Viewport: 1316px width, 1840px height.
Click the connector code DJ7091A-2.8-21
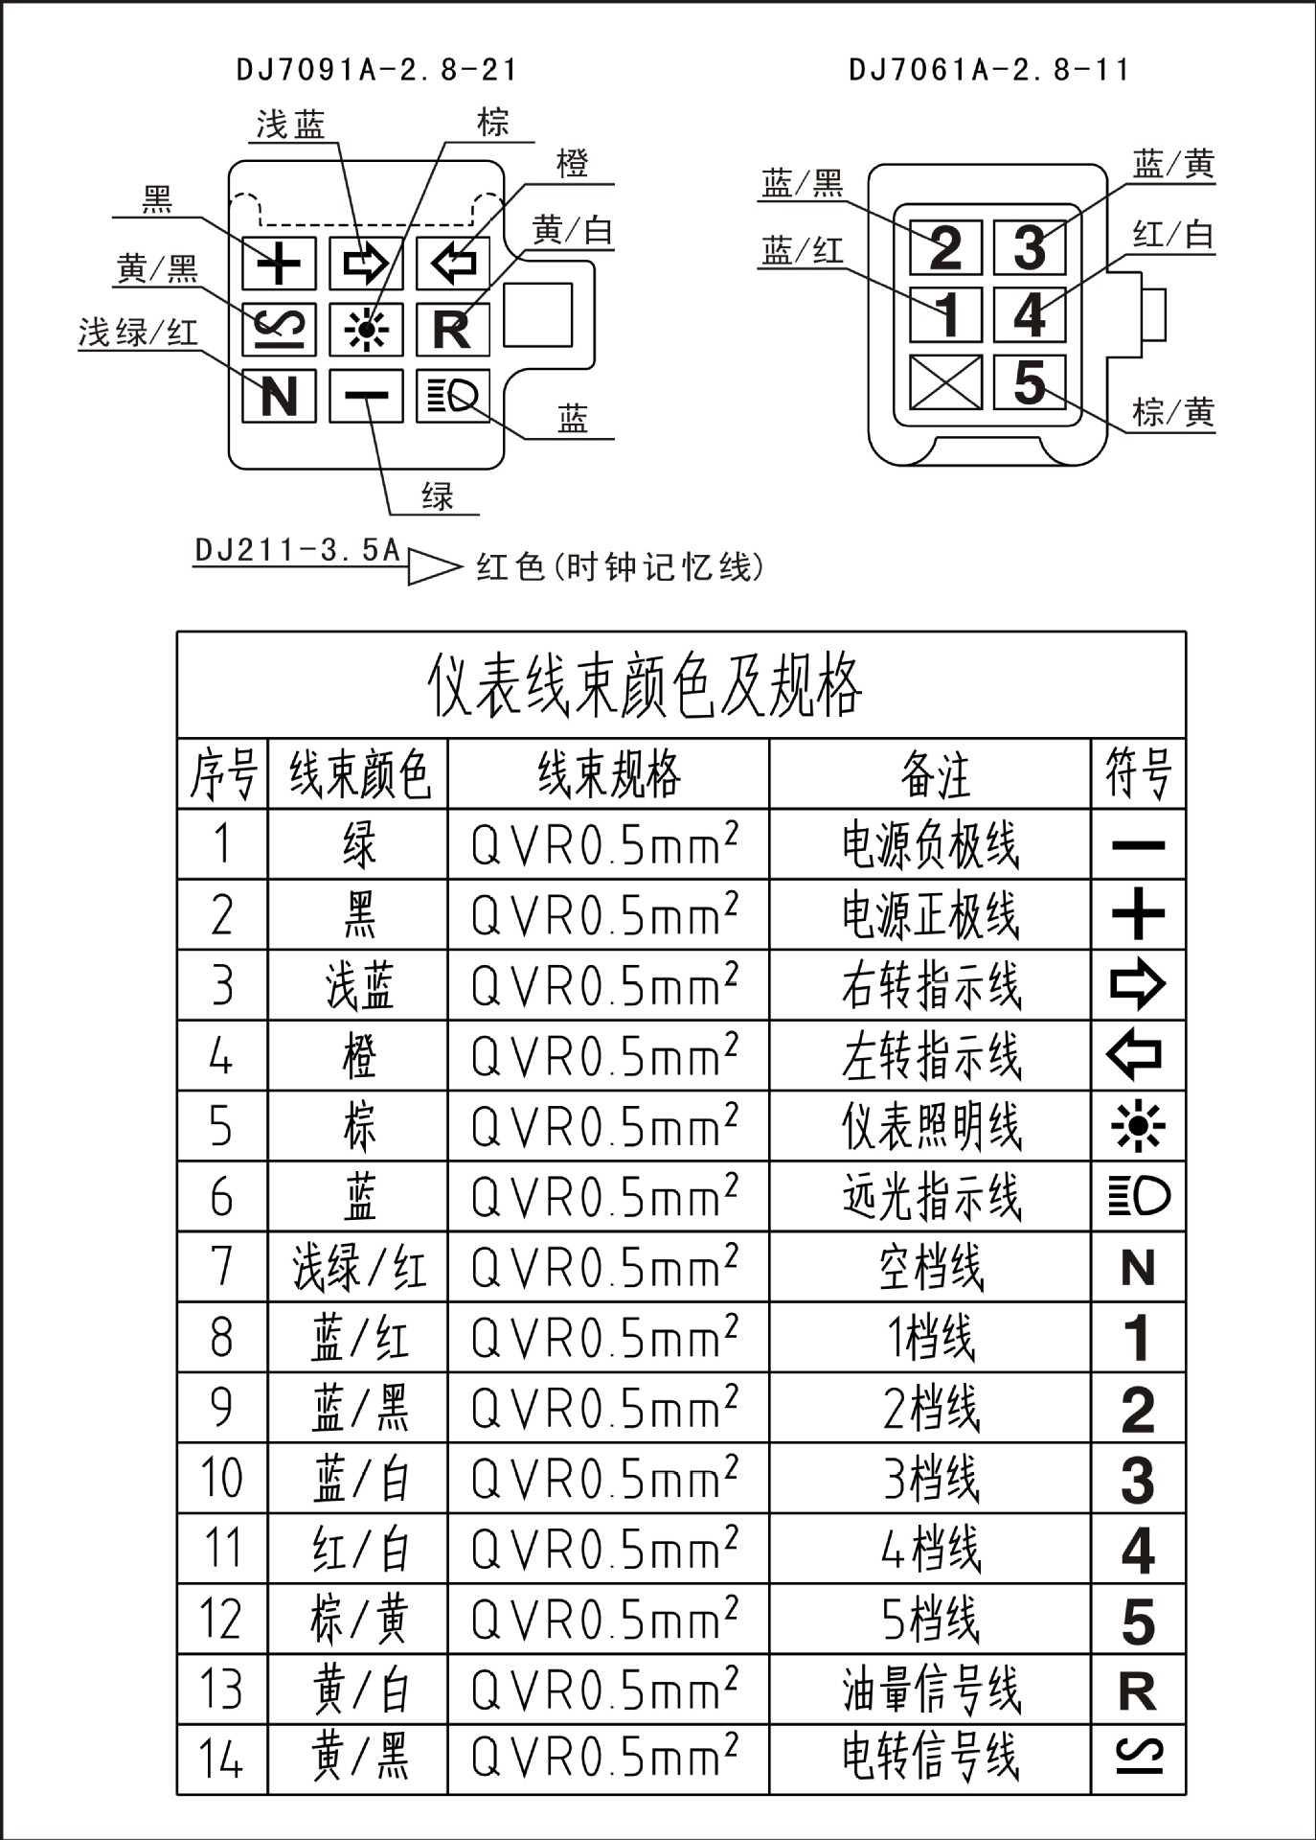coord(376,70)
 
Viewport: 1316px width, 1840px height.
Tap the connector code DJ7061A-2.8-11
coord(988,70)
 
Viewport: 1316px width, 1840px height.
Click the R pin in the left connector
coord(452,330)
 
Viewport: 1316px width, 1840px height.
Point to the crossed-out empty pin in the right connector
coord(945,382)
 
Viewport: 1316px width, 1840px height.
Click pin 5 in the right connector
coord(1030,382)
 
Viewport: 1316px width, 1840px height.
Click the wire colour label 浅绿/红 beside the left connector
coord(138,333)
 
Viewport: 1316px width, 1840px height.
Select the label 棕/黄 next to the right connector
coord(1172,413)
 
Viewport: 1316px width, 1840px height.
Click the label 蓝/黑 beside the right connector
coord(802,183)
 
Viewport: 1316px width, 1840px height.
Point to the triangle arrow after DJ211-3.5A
coord(434,566)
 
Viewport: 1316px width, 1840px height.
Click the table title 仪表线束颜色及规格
coord(644,686)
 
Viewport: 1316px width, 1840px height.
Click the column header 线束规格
coord(609,774)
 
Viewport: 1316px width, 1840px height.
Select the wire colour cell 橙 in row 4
coord(359,1056)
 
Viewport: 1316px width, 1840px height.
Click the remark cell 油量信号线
coord(931,1690)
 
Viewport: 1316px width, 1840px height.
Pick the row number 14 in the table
coord(221,1759)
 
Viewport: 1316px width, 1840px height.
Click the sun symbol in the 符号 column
coord(1138,1126)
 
